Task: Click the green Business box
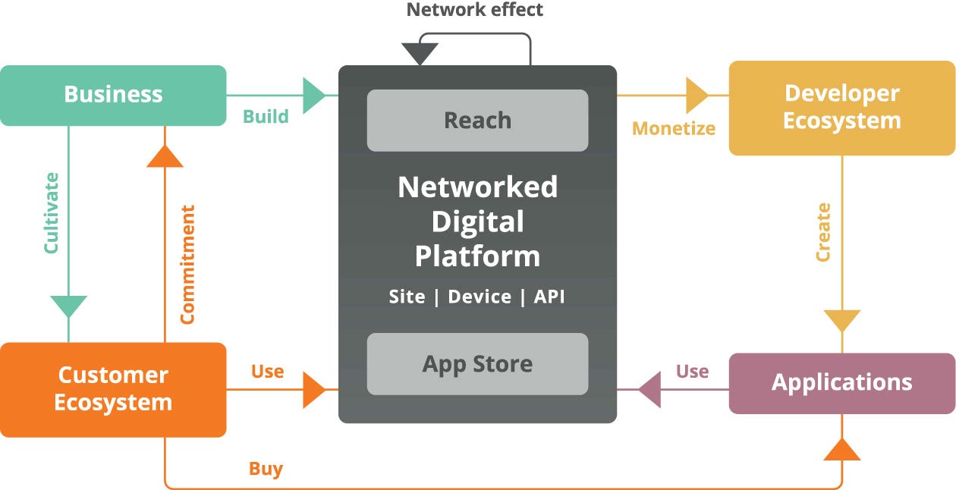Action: coord(113,95)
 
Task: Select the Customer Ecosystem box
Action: coord(113,389)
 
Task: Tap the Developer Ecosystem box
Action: coord(841,107)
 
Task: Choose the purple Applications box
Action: coord(841,382)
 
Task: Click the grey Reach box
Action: coord(477,120)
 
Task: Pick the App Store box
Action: coord(477,364)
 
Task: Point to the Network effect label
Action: coord(475,10)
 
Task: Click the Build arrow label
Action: coord(266,117)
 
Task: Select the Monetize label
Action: coord(674,128)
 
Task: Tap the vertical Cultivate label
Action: coord(51,213)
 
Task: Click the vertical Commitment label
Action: coord(187,264)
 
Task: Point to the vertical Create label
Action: coord(823,232)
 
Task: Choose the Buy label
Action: coord(266,469)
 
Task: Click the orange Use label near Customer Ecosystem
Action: coord(267,372)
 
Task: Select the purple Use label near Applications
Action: coord(692,372)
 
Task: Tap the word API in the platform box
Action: coord(549,297)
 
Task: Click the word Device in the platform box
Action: coord(480,297)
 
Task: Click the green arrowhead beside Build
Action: coord(314,96)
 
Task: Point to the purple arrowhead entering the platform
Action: coord(649,390)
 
